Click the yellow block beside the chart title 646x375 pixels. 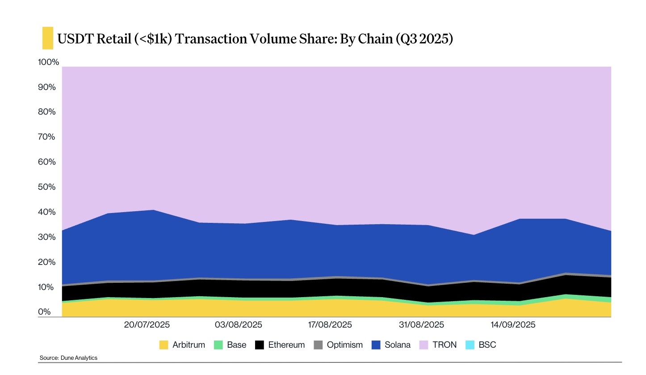click(47, 38)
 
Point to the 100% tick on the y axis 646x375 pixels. click(48, 62)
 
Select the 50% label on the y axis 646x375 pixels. click(46, 187)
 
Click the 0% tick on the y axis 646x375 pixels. click(44, 312)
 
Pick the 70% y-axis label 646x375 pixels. click(46, 137)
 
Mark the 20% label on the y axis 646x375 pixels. click(46, 262)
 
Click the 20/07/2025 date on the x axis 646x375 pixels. click(147, 324)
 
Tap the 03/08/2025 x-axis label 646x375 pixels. click(239, 324)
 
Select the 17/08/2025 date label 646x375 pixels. click(330, 324)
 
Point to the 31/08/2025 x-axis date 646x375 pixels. click(421, 324)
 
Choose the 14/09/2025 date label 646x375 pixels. click(513, 324)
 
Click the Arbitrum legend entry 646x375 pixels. click(182, 345)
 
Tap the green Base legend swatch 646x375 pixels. click(218, 345)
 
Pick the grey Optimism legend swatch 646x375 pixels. click(318, 345)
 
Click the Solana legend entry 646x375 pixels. click(391, 345)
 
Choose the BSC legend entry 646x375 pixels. click(480, 345)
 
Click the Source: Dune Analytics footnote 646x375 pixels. click(68, 358)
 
